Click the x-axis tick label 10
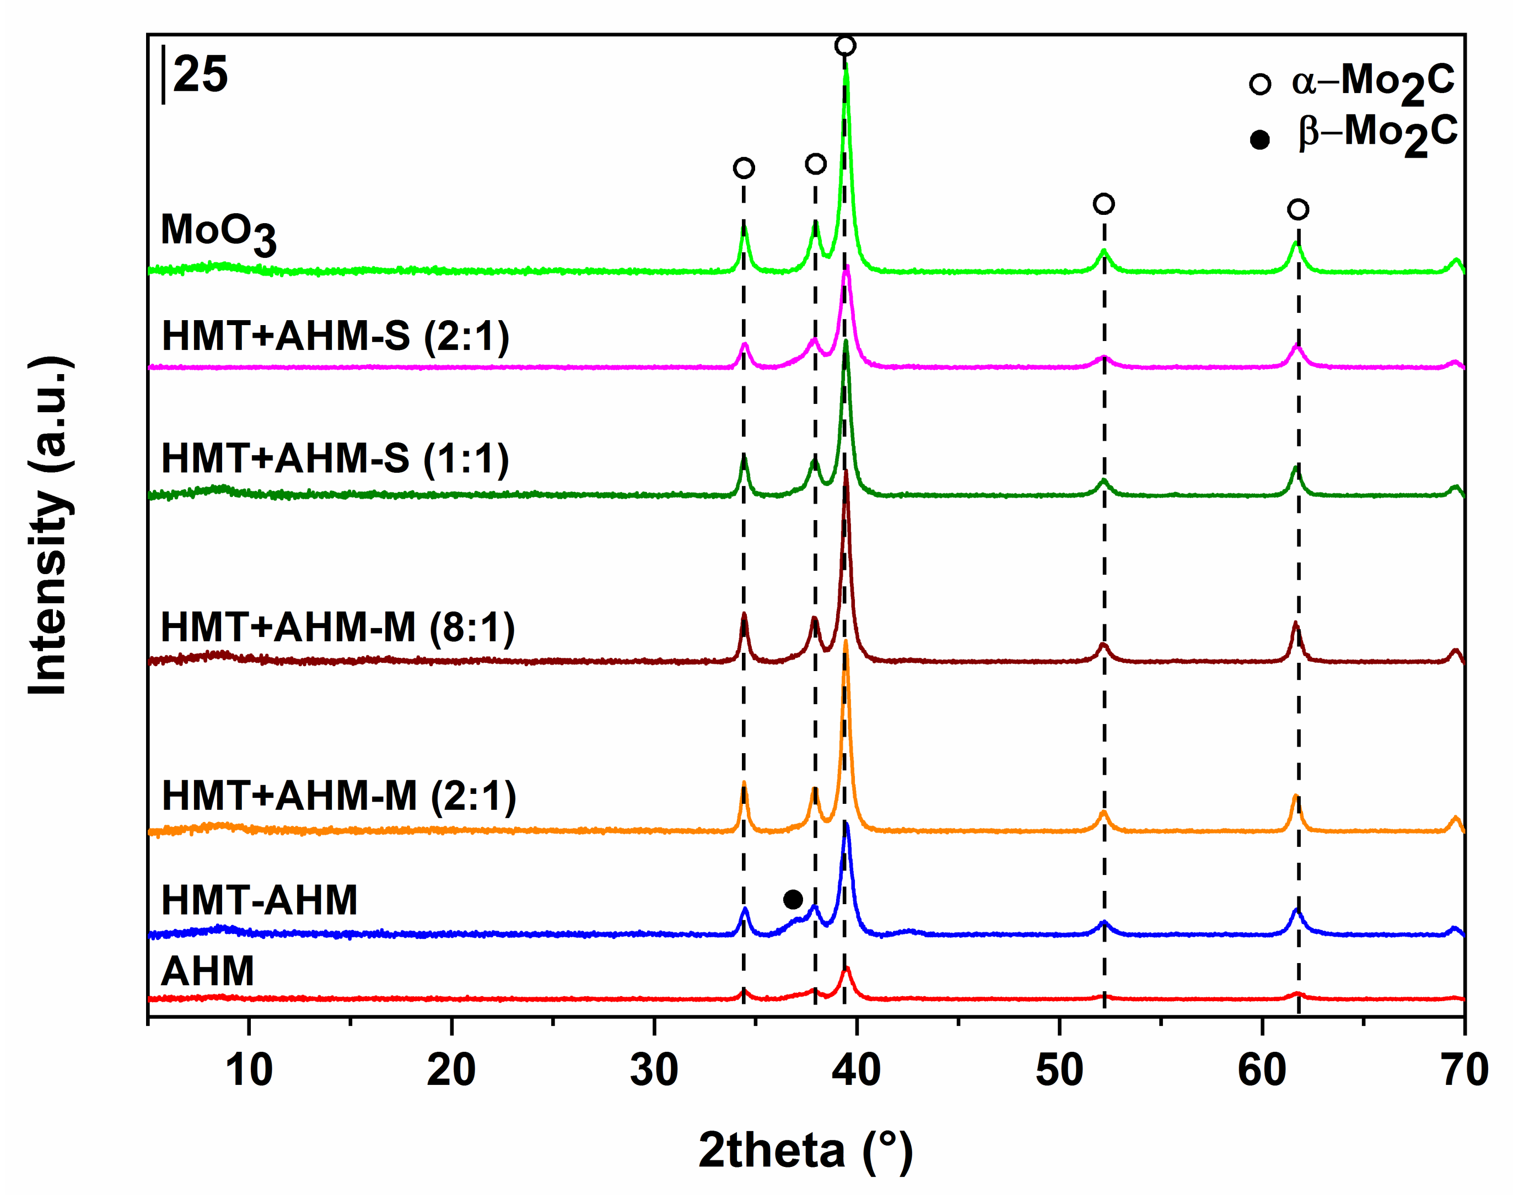(x=249, y=1072)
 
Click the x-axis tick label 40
(x=856, y=1072)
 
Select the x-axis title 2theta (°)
(x=806, y=1152)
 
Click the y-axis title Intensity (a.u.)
(x=49, y=526)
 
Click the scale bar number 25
(x=200, y=75)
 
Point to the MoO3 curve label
(x=218, y=233)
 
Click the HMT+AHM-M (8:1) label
(x=337, y=627)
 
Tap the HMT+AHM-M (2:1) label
(x=339, y=796)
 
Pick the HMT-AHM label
(x=260, y=900)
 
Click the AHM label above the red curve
(x=208, y=972)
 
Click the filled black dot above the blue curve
(x=793, y=899)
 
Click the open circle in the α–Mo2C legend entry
(x=1259, y=84)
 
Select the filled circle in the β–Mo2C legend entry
(x=1259, y=140)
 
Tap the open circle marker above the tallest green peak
(x=845, y=46)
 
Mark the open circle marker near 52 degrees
(x=1104, y=204)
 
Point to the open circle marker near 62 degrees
(x=1298, y=209)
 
